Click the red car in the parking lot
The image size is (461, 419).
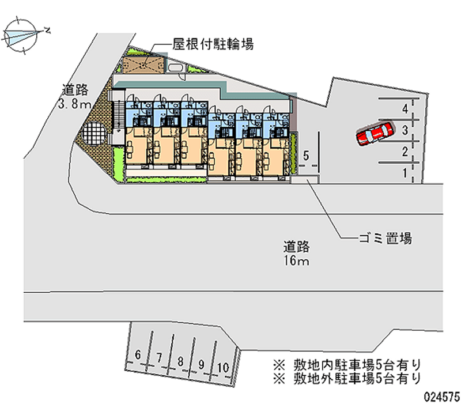click(x=375, y=133)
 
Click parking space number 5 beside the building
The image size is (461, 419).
click(x=307, y=155)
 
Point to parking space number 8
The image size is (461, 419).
click(x=180, y=362)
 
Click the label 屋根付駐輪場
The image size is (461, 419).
click(x=213, y=44)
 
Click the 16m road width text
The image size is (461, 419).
click(x=296, y=261)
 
